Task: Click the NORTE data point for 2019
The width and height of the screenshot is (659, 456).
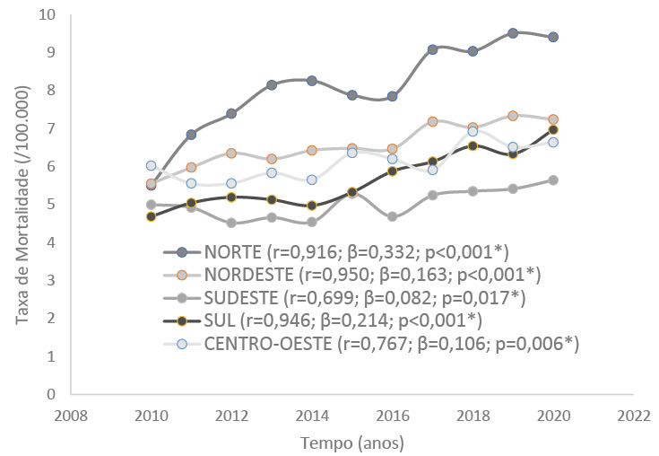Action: (513, 33)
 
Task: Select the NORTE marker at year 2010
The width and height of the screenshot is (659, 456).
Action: (151, 185)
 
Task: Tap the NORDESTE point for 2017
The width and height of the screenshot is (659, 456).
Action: (432, 121)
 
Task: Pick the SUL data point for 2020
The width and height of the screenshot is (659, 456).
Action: (553, 130)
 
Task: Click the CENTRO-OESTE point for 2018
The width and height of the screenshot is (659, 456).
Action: (473, 132)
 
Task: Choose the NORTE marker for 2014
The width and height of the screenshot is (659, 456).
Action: (311, 81)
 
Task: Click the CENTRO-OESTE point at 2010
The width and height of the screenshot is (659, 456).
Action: (151, 166)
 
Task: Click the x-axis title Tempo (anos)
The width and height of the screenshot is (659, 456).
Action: (351, 443)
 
